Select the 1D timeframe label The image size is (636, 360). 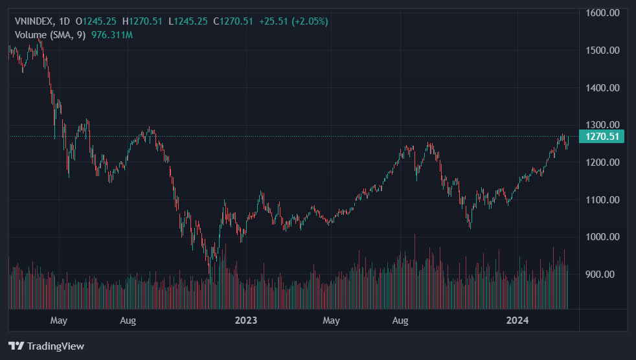tap(65, 21)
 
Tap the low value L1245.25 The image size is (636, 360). tap(188, 21)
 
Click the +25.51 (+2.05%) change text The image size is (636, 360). tap(293, 21)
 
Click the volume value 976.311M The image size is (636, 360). tap(111, 34)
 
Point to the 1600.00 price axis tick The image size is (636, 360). tap(603, 13)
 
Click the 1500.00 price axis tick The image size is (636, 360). tap(603, 51)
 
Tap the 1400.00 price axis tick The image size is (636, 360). tap(603, 88)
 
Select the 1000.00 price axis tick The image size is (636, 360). tap(603, 237)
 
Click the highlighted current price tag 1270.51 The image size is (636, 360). tap(603, 136)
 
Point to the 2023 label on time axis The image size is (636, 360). tap(246, 321)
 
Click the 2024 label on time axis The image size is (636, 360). tap(517, 321)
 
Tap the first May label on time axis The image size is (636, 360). tap(59, 321)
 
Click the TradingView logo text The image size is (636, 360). tap(54, 346)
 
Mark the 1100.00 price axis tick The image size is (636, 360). tap(603, 200)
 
